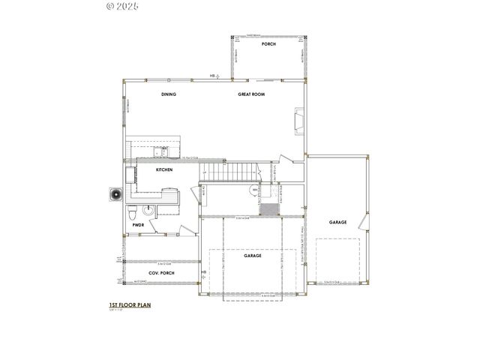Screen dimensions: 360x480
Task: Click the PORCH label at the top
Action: (x=268, y=44)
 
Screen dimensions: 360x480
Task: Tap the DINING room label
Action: (x=169, y=94)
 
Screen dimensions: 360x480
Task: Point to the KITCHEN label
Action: (x=164, y=171)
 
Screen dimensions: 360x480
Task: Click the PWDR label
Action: (x=138, y=224)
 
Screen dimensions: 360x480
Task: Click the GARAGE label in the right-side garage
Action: (x=338, y=222)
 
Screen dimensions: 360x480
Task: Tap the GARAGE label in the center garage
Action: (x=252, y=256)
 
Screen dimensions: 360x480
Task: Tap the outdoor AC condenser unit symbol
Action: (x=115, y=194)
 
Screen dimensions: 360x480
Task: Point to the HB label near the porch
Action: (x=212, y=76)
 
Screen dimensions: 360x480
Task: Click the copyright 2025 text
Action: (x=123, y=6)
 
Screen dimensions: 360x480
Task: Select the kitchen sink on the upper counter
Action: (x=160, y=153)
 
